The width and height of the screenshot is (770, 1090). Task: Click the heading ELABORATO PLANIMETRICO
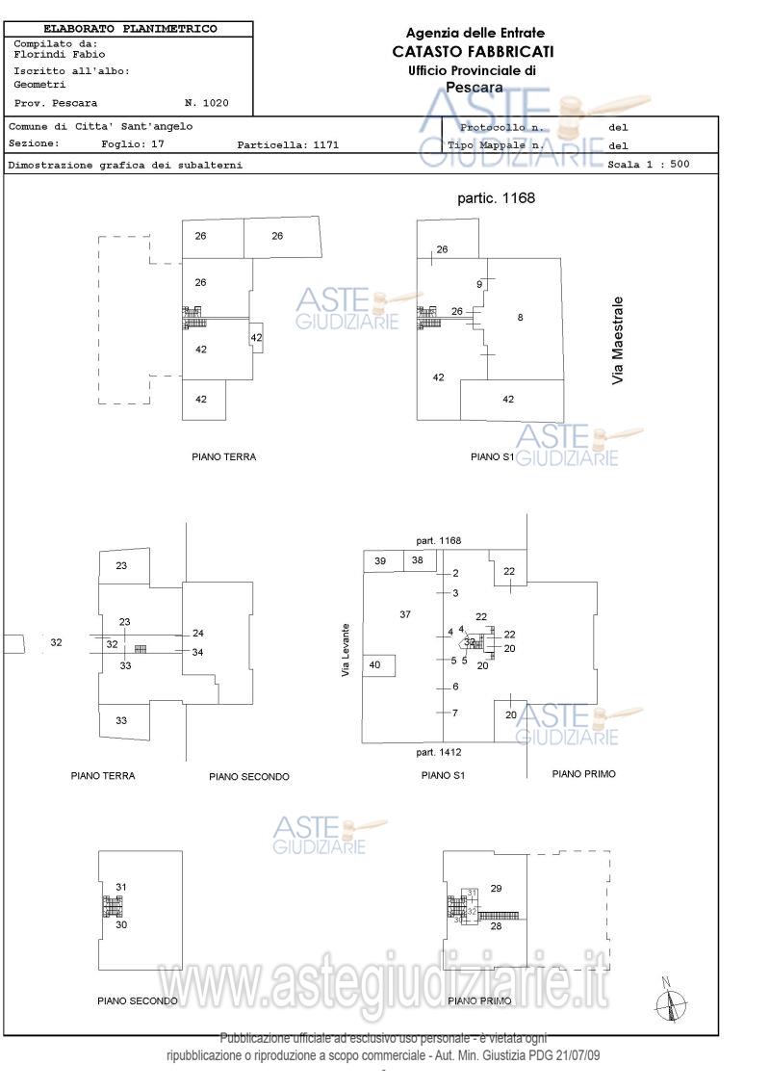pyautogui.click(x=130, y=29)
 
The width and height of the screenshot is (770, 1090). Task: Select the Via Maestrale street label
pyautogui.click(x=618, y=341)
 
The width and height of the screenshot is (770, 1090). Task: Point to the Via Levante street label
pyautogui.click(x=346, y=651)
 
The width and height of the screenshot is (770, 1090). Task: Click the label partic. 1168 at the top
pyautogui.click(x=495, y=198)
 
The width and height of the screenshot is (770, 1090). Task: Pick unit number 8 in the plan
pyautogui.click(x=521, y=317)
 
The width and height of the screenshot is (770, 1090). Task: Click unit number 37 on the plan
pyautogui.click(x=405, y=614)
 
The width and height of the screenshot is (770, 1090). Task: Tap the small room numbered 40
pyautogui.click(x=375, y=664)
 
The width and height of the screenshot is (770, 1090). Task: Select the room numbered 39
pyautogui.click(x=380, y=560)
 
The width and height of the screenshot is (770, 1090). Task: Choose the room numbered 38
pyautogui.click(x=418, y=560)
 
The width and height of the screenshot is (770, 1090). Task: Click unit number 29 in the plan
pyautogui.click(x=497, y=888)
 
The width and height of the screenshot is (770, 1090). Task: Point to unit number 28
pyautogui.click(x=497, y=926)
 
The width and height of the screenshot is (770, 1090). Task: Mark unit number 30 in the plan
pyautogui.click(x=122, y=924)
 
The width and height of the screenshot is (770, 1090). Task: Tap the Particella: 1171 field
pyautogui.click(x=288, y=145)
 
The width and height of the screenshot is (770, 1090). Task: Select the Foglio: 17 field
pyautogui.click(x=134, y=144)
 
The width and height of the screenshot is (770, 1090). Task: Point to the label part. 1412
pyautogui.click(x=439, y=751)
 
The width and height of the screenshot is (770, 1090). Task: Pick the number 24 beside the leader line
pyautogui.click(x=198, y=633)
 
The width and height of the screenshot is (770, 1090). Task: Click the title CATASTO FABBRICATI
pyautogui.click(x=473, y=51)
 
